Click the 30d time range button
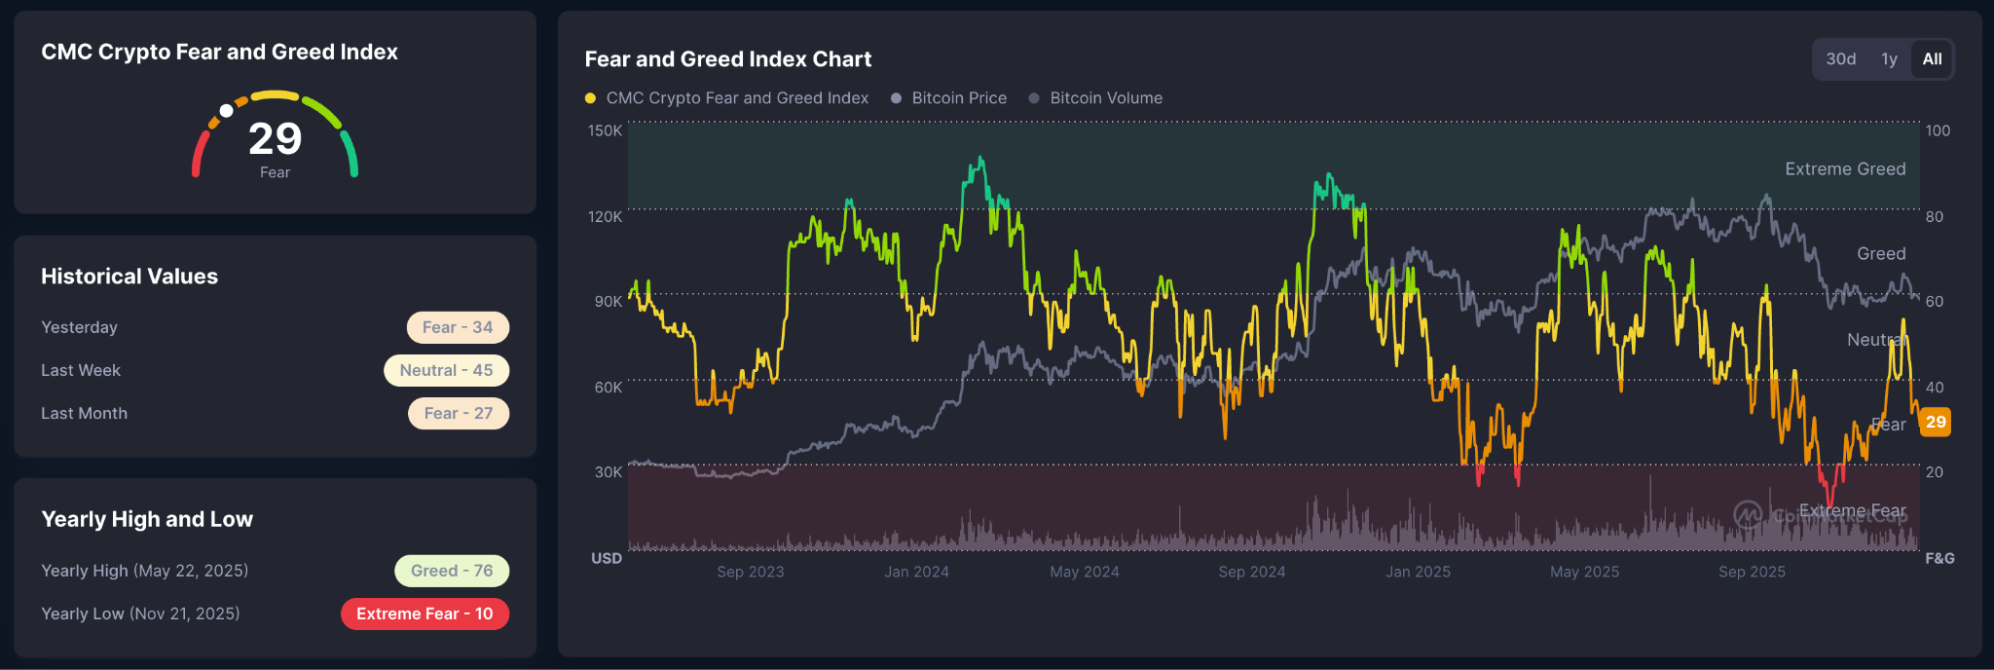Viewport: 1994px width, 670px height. click(x=1840, y=59)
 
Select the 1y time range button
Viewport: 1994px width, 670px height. click(x=1889, y=59)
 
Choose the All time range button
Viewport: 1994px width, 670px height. click(x=1932, y=59)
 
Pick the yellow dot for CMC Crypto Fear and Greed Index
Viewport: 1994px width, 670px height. click(x=590, y=98)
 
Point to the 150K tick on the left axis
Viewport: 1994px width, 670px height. click(x=605, y=130)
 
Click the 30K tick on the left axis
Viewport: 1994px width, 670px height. click(x=609, y=472)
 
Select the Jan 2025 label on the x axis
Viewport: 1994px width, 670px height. click(x=1418, y=572)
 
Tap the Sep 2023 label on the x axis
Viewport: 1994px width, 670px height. click(x=751, y=572)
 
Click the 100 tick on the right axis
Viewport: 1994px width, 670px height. click(x=1938, y=130)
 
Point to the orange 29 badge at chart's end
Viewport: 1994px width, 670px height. click(x=1936, y=422)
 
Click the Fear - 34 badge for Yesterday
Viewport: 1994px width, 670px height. click(x=458, y=327)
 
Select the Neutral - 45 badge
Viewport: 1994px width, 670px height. click(x=446, y=370)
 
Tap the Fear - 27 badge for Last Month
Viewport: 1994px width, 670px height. click(x=459, y=413)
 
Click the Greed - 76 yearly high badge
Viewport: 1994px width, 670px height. click(x=452, y=571)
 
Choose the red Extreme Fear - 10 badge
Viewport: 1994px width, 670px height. click(x=425, y=614)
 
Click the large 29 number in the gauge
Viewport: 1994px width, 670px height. click(x=276, y=139)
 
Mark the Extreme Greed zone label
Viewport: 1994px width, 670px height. click(x=1845, y=169)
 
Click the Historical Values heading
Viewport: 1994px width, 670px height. click(x=129, y=277)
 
